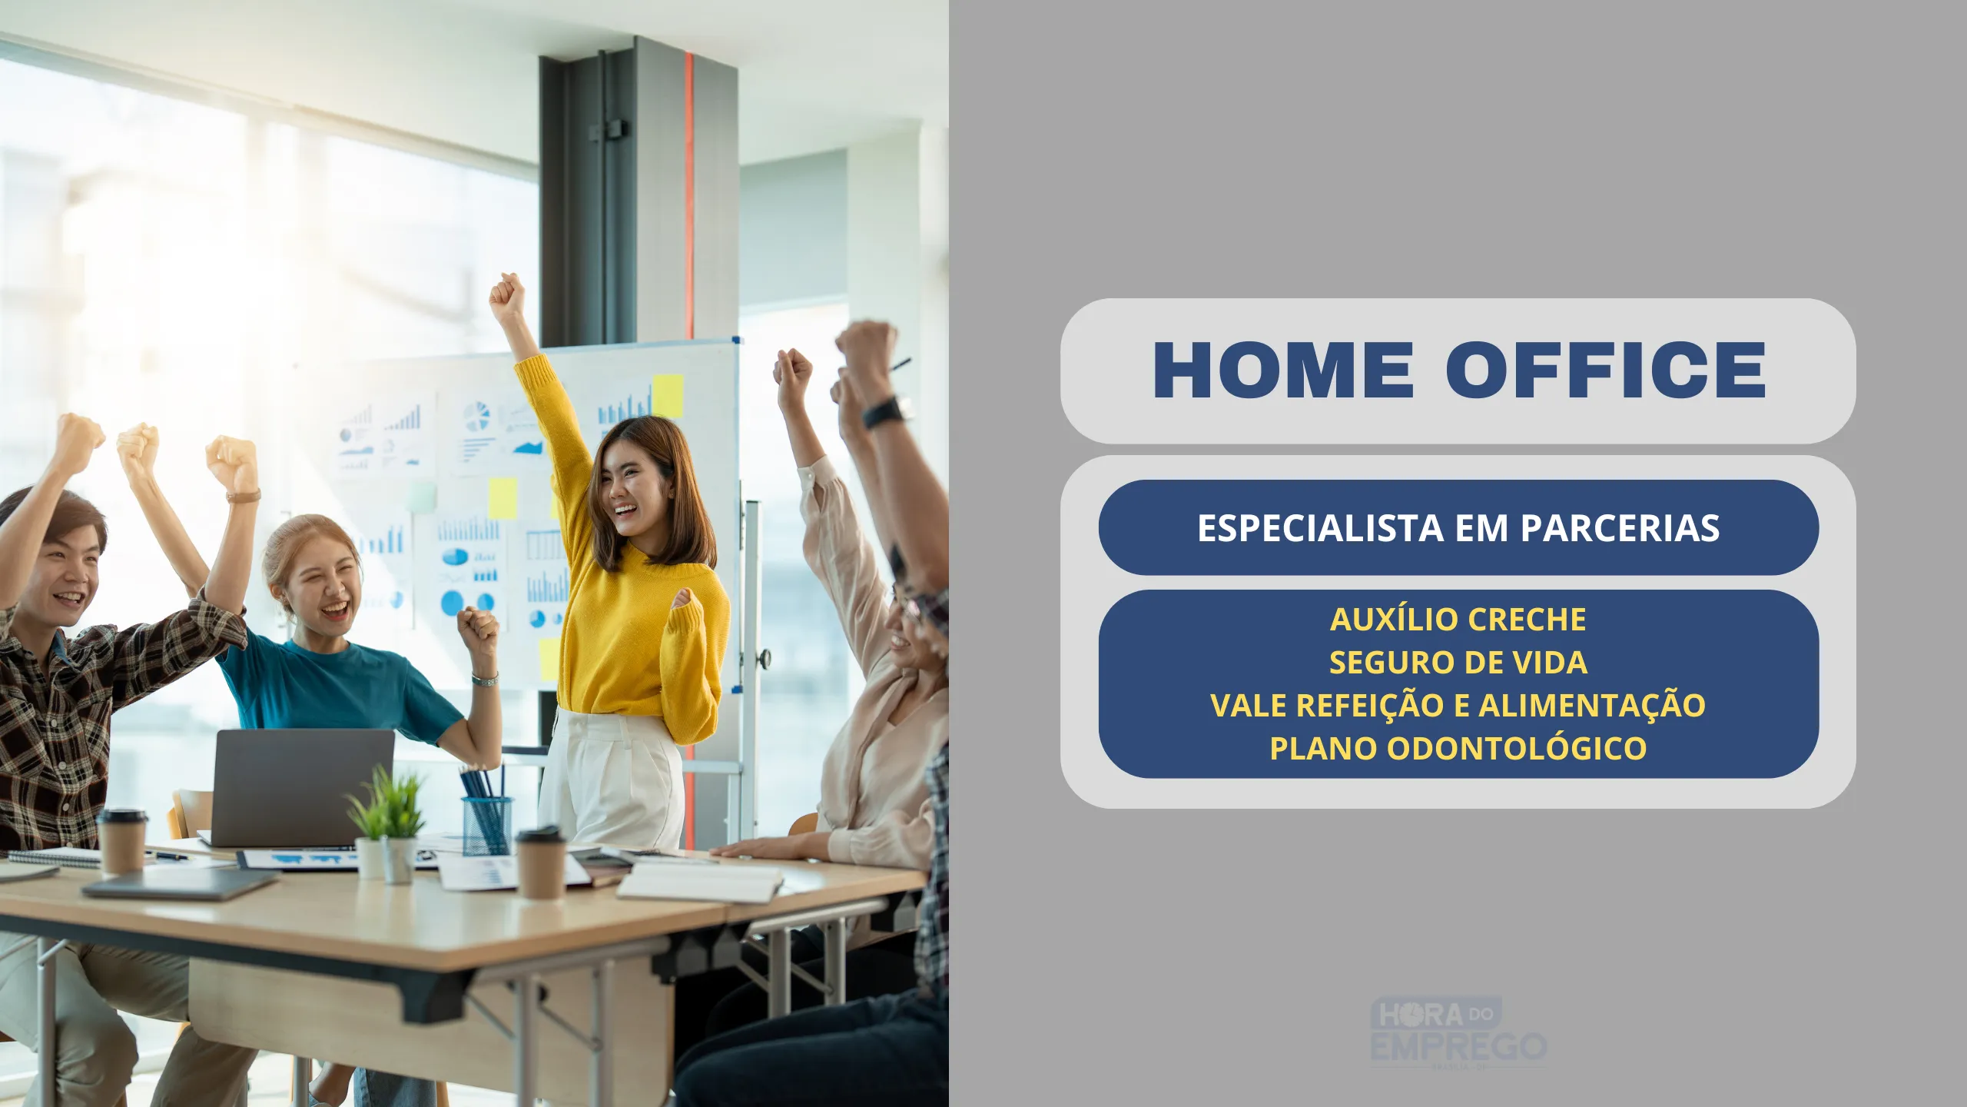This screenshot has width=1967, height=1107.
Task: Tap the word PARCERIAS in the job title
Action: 1620,528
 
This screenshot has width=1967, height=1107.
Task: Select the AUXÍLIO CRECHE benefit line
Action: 1458,619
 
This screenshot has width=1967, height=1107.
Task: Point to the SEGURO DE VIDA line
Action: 1458,662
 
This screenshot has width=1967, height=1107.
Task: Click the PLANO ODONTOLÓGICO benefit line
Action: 1458,748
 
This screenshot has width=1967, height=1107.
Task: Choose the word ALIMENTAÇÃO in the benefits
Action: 1592,705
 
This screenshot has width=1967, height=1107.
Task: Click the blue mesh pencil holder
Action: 487,825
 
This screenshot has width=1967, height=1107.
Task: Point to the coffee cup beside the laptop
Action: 121,840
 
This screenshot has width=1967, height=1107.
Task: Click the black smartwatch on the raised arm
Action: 886,412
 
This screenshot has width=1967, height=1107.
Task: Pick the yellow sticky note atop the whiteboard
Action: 667,396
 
